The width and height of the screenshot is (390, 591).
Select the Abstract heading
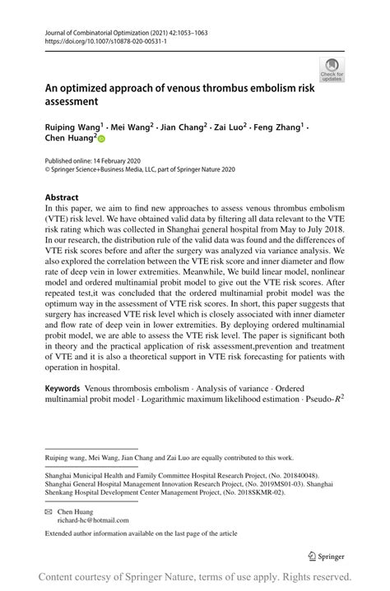click(62, 197)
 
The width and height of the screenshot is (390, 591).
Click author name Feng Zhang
click(278, 128)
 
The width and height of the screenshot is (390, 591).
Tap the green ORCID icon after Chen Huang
click(102, 141)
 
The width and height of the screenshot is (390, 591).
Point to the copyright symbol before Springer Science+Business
click(48, 169)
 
